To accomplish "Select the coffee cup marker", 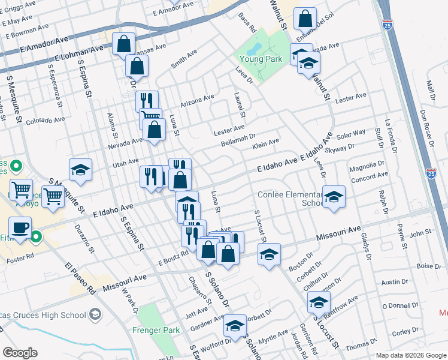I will click(21, 229).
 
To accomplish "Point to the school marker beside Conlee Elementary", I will click(334, 197).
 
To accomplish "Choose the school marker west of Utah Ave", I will click(80, 170).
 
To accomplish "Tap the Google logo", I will click(20, 353).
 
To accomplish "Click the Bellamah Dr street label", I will click(238, 137).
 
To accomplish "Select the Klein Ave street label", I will click(266, 143).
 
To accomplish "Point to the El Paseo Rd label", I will click(80, 277).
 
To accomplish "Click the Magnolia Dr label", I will click(367, 166).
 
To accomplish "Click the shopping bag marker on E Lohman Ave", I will click(123, 44).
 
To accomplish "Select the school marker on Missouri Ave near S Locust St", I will click(269, 254).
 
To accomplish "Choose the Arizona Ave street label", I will click(196, 98).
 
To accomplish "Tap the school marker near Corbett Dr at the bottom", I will click(235, 326).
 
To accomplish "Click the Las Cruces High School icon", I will click(95, 314).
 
